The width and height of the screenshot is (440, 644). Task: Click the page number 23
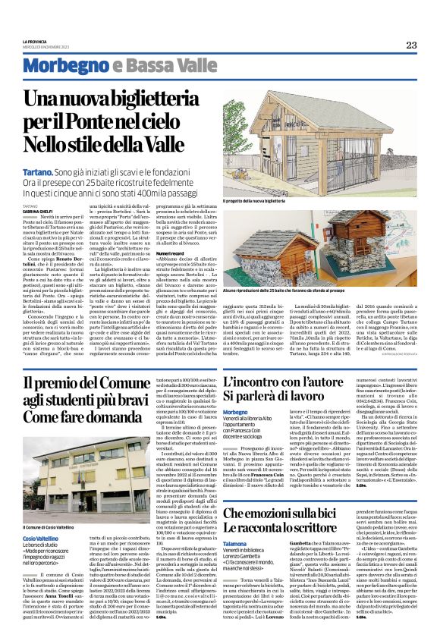411,45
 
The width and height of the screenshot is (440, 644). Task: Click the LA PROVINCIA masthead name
36,41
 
